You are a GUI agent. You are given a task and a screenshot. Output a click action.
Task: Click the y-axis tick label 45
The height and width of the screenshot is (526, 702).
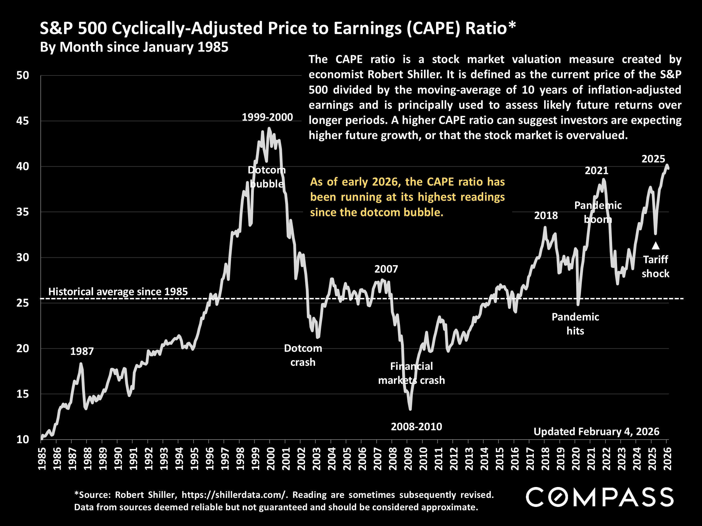click(22, 121)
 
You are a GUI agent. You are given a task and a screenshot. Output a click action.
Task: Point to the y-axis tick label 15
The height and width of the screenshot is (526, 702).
click(22, 394)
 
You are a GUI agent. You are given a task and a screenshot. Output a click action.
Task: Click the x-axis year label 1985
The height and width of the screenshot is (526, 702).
click(42, 459)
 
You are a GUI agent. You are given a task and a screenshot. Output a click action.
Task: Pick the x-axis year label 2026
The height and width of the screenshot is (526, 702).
click(667, 459)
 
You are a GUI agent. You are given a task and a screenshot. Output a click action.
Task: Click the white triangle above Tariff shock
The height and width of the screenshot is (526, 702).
click(655, 246)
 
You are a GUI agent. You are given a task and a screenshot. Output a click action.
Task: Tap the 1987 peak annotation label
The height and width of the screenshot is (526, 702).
click(82, 351)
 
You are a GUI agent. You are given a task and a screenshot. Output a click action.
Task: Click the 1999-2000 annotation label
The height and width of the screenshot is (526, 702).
click(267, 117)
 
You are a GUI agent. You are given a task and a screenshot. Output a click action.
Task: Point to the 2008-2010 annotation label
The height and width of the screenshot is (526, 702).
click(416, 427)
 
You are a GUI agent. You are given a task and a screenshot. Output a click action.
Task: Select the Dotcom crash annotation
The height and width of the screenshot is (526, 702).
click(303, 355)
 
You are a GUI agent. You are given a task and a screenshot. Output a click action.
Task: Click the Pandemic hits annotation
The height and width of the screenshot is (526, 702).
click(575, 324)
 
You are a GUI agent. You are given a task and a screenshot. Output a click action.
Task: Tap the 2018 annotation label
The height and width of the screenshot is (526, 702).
click(546, 216)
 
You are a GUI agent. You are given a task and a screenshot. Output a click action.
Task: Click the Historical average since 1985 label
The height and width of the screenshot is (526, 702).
click(118, 292)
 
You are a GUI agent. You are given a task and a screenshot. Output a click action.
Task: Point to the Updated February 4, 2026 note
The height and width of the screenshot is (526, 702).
click(596, 432)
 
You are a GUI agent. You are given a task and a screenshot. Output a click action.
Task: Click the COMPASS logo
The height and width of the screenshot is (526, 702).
click(600, 497)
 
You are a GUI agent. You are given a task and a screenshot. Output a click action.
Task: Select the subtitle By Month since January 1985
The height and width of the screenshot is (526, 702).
click(134, 47)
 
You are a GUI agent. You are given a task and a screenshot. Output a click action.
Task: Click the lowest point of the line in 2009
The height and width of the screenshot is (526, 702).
click(410, 409)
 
